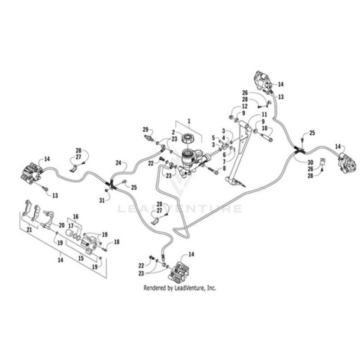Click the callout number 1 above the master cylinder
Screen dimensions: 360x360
[189, 121]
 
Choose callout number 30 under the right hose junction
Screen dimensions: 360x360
[310, 162]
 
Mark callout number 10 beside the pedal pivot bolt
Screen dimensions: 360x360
[265, 128]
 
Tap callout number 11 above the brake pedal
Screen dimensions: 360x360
[265, 114]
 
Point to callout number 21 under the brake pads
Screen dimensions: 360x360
[30, 230]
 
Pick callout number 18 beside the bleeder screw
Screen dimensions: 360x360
[117, 242]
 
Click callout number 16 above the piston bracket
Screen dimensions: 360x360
[76, 216]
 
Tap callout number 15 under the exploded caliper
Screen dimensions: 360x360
[82, 258]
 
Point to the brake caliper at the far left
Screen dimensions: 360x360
[30, 174]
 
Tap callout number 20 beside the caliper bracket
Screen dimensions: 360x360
[62, 225]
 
